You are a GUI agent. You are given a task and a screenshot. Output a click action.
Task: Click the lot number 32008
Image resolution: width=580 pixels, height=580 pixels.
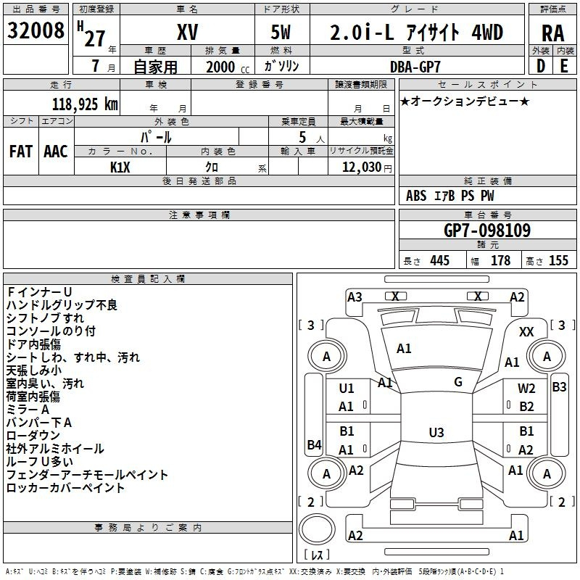coord(36,30)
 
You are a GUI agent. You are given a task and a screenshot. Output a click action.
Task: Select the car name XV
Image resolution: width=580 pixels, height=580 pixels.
coord(188,32)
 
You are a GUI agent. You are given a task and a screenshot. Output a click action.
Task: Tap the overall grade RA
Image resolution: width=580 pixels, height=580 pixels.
coord(552,33)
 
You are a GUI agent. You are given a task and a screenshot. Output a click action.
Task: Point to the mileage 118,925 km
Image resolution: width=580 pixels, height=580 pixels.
coord(85,104)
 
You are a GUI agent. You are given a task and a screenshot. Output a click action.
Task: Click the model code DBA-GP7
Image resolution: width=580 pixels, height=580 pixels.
coord(415,67)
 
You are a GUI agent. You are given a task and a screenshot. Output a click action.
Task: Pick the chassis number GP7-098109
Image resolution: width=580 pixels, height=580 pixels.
coord(487,231)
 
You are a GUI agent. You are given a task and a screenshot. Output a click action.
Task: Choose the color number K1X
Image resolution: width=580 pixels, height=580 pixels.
coord(120,167)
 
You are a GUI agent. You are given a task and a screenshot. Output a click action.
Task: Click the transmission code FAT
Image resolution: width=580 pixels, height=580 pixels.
coord(21,152)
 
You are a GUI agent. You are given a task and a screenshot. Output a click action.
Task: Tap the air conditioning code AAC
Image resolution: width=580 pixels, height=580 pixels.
coord(56,152)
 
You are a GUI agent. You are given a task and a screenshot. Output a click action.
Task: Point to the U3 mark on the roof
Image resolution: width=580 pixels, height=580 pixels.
coord(436,432)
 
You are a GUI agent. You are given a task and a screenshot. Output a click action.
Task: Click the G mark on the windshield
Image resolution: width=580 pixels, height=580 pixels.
coord(458,382)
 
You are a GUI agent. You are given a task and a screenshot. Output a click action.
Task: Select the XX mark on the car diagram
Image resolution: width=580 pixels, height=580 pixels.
coord(526,332)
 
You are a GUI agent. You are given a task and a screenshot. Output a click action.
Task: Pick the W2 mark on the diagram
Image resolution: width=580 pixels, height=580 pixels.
coord(526,389)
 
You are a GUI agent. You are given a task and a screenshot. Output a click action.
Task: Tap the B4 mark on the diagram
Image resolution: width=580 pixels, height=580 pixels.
coord(315,444)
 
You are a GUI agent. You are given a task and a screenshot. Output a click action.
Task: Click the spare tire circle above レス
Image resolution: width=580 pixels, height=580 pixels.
coord(317,529)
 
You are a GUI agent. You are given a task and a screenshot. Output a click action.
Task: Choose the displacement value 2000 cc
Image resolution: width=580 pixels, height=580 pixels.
coord(228,67)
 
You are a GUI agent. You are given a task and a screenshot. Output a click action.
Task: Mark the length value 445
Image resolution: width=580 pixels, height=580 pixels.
coord(440,261)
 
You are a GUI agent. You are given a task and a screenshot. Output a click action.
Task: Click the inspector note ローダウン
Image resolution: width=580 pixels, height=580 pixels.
coord(33,436)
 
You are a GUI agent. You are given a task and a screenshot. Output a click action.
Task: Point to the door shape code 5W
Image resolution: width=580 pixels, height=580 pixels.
coord(281,32)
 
